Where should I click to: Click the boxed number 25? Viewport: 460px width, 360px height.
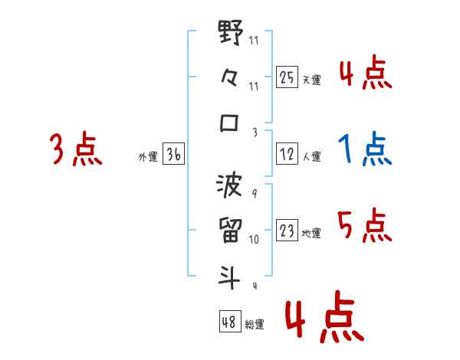pos(286,77)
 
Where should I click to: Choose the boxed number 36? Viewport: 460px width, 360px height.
pos(173,155)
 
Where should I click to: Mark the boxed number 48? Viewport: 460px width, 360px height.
pos(229,322)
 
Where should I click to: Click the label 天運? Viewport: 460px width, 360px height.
pos(311,80)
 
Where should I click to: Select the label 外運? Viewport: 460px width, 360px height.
pos(147,157)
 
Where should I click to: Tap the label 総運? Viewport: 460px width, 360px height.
pos(255,325)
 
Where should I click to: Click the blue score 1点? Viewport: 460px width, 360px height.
pos(365,149)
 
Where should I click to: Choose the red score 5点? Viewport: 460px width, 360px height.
pos(364,225)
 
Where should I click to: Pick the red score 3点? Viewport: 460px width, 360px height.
pos(76,149)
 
